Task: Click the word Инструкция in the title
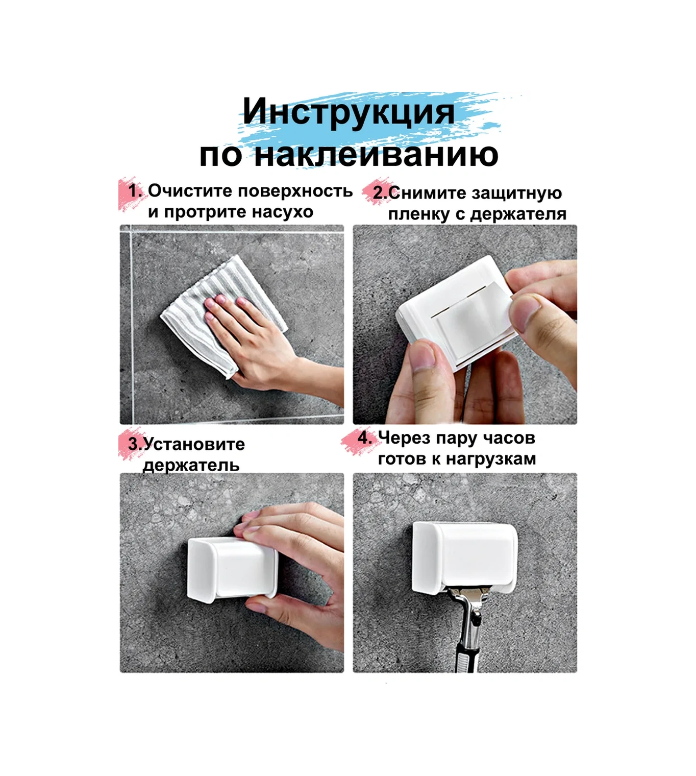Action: tap(348, 112)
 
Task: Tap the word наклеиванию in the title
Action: tap(376, 154)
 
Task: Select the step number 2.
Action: tap(380, 193)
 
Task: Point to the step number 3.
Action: tap(134, 444)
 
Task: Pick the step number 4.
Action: tap(364, 438)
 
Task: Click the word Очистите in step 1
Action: tap(191, 191)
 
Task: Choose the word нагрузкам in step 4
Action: tap(491, 459)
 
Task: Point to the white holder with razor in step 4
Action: tap(464, 556)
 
